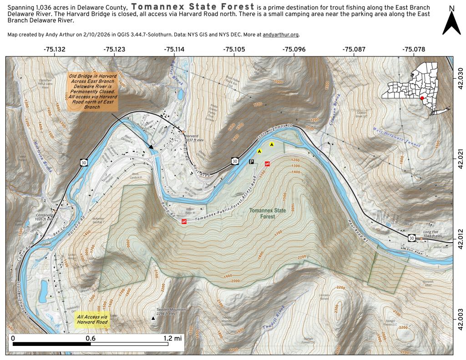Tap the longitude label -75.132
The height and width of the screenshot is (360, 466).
[54, 49]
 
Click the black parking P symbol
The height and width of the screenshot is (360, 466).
[251, 161]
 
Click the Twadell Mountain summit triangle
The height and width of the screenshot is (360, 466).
[153, 319]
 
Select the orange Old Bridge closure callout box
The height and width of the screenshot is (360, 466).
[93, 91]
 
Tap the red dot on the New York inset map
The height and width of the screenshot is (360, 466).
[423, 98]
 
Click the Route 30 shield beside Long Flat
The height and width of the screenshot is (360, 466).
[411, 238]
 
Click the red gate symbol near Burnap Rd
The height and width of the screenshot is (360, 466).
[184, 222]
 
